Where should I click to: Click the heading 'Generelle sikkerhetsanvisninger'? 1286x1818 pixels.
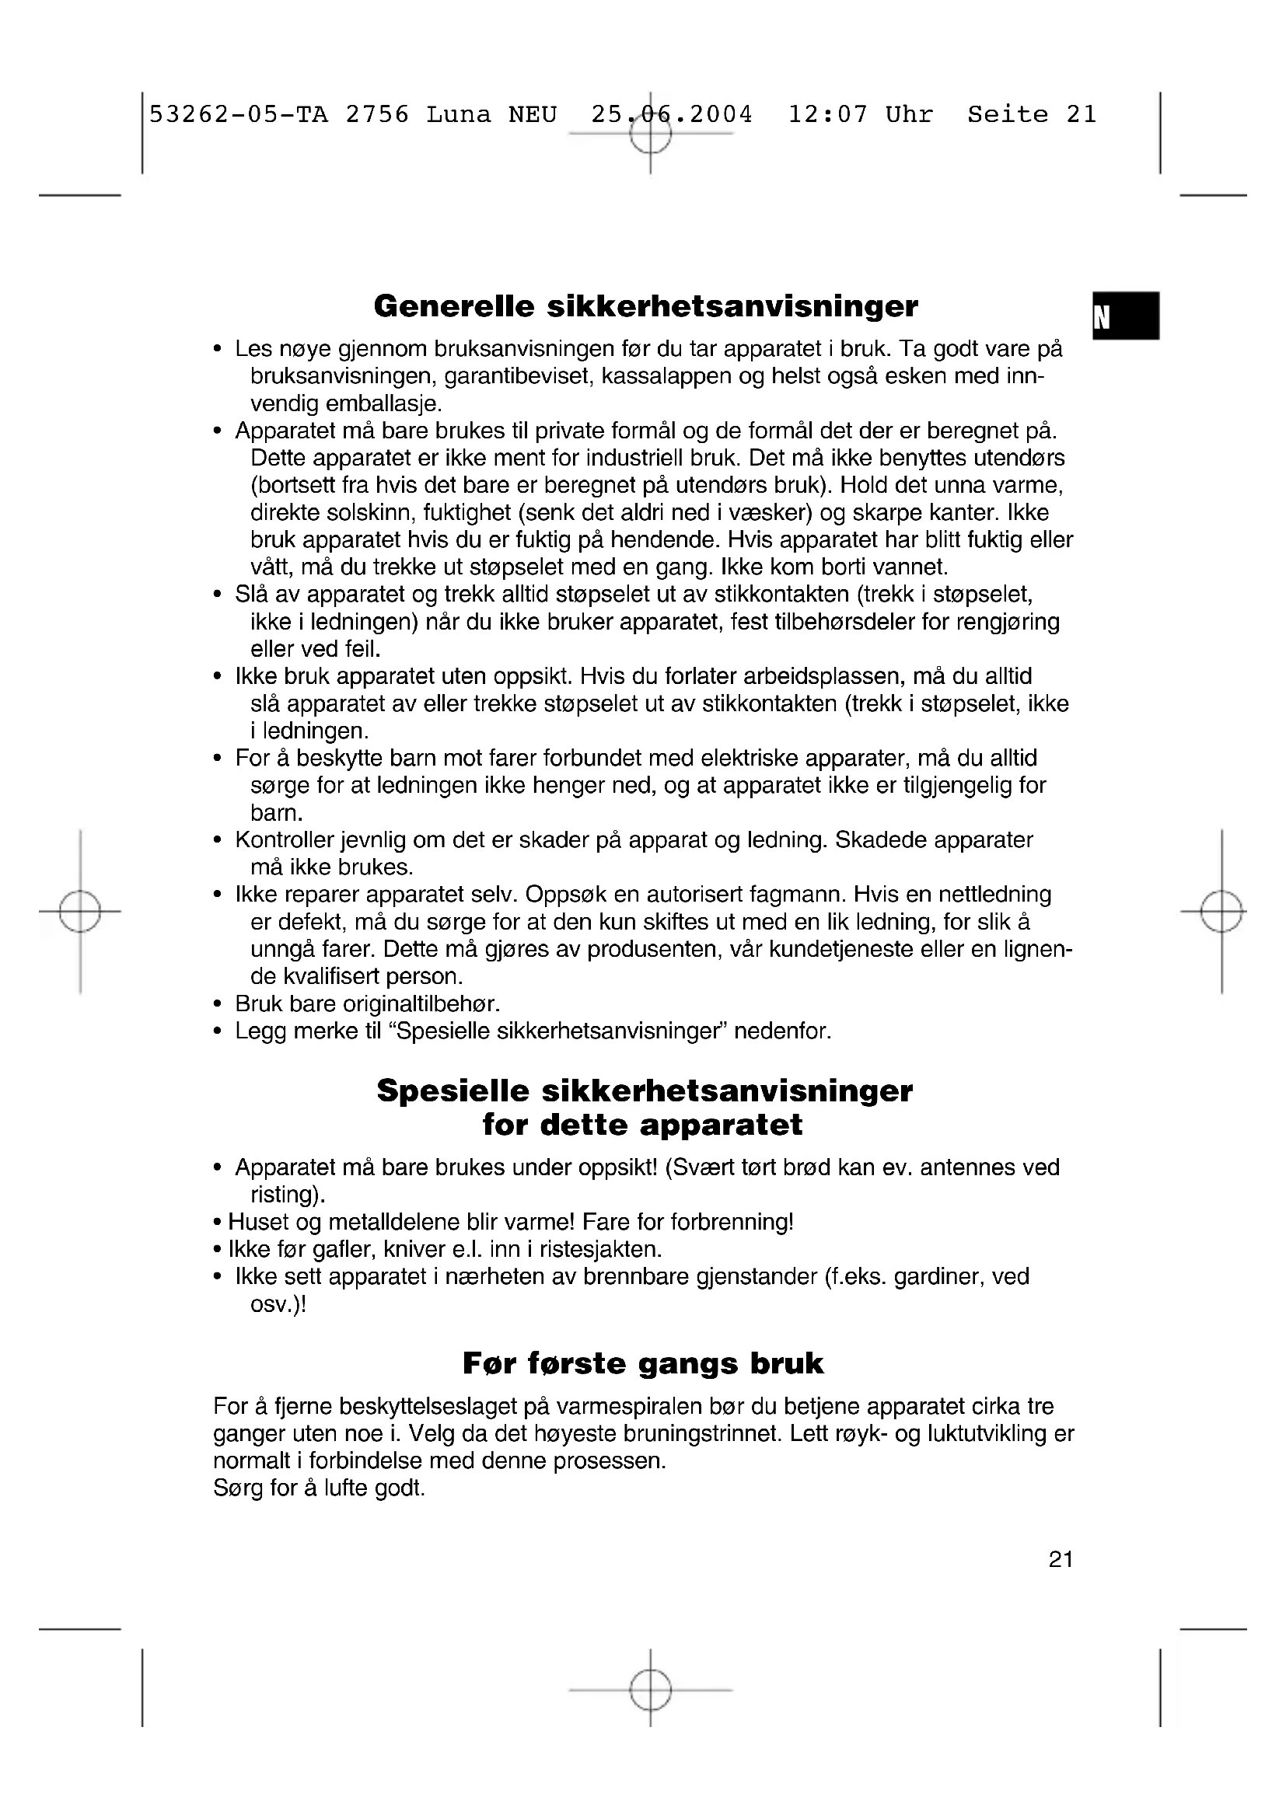click(645, 306)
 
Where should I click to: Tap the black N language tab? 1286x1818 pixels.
click(1125, 316)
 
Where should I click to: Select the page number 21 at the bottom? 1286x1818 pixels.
click(1061, 1559)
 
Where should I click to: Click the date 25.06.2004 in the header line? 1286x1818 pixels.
click(672, 115)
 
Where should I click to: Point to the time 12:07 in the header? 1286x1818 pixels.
click(827, 115)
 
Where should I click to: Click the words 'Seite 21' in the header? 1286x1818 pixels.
click(1032, 115)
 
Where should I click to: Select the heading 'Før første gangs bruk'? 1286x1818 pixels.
click(643, 1363)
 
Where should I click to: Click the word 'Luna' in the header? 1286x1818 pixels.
click(459, 115)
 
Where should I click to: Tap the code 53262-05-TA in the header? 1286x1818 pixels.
click(239, 115)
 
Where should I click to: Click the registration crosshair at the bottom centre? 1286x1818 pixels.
click(650, 1691)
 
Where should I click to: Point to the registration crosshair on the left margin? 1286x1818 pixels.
click(80, 912)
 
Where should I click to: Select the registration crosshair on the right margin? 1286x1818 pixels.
click(1221, 912)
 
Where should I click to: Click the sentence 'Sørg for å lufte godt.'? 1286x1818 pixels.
click(319, 1488)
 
